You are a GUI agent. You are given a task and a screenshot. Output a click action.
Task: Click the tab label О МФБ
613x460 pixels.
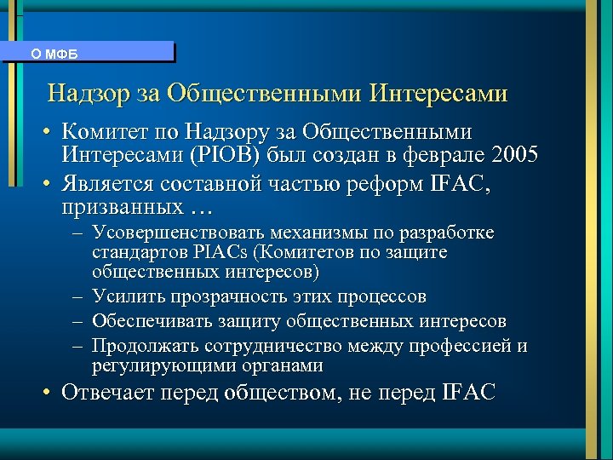point(54,54)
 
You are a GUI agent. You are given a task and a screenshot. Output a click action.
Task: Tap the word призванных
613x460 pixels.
point(121,207)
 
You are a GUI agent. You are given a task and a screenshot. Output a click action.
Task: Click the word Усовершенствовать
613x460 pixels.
point(180,233)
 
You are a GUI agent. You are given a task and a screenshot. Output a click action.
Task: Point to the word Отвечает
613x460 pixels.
point(105,393)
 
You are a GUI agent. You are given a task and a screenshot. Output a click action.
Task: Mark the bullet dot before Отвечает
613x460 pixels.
point(51,393)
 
